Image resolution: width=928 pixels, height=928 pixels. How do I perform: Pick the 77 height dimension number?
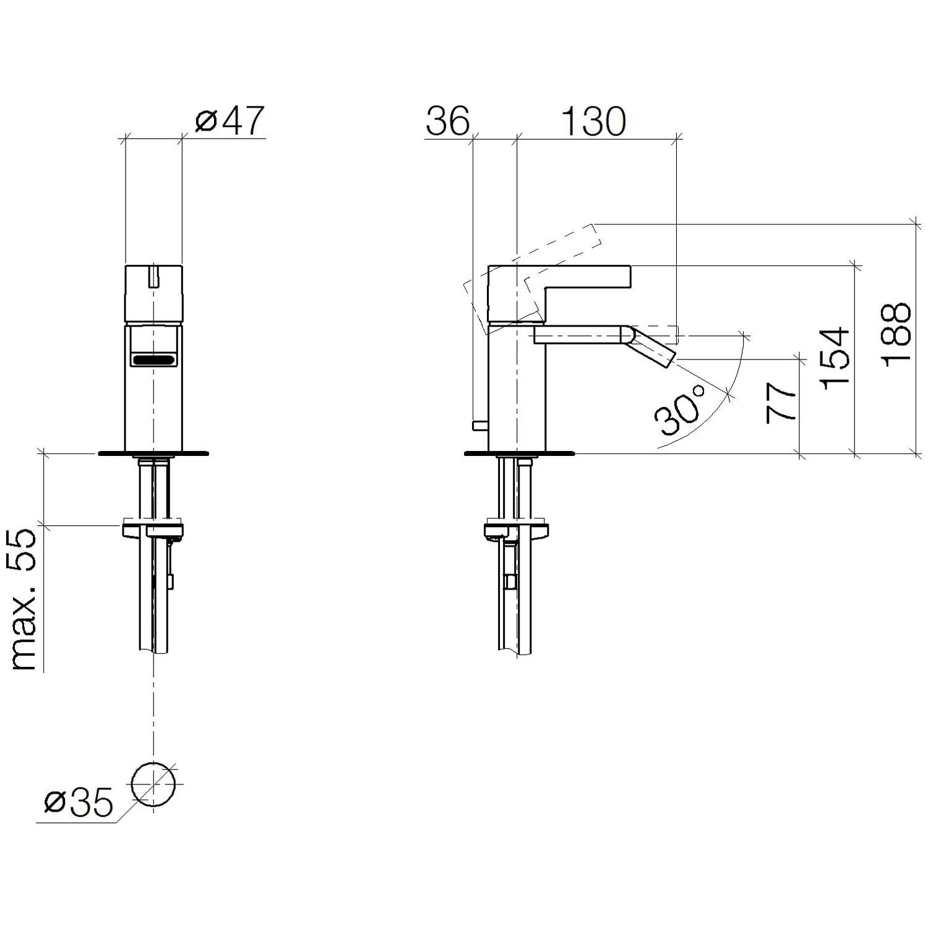(x=780, y=403)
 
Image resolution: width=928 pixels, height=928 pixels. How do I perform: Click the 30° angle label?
(x=681, y=410)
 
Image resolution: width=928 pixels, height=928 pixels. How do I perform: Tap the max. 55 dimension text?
(x=25, y=599)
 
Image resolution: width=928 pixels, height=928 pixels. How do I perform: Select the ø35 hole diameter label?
(x=79, y=803)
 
